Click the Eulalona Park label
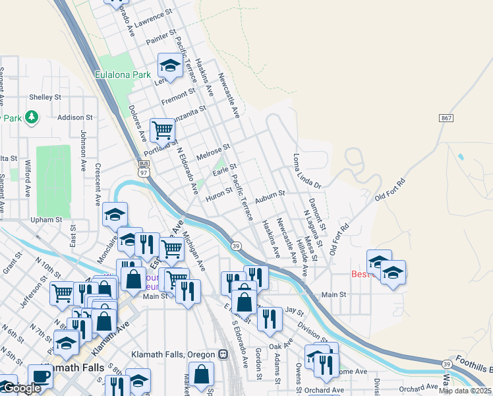[x=123, y=75]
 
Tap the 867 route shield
[x=446, y=118]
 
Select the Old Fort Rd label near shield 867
[x=390, y=189]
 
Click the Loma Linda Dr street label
[x=306, y=171]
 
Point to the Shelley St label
[x=45, y=97]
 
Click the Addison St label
[x=71, y=117]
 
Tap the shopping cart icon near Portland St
[x=162, y=130]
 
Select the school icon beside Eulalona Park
[x=170, y=65]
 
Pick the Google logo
[x=21, y=388]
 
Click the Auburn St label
[x=270, y=194]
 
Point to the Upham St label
[x=45, y=220]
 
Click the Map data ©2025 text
[x=465, y=391]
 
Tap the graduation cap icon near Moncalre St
[x=115, y=214]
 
